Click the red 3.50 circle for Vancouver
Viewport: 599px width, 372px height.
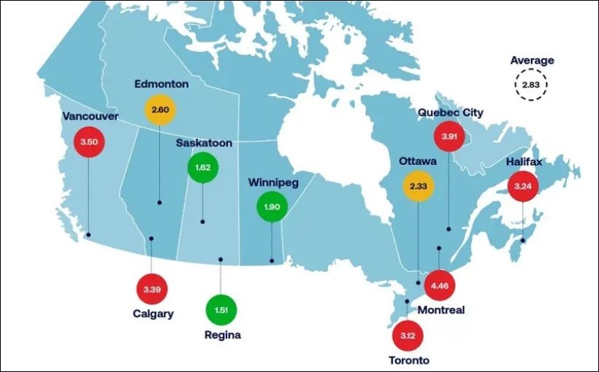tap(88, 142)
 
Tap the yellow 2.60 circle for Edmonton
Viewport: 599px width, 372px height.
tap(159, 109)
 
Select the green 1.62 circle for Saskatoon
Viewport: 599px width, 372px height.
tap(203, 168)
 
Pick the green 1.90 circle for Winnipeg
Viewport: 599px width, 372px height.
tap(272, 207)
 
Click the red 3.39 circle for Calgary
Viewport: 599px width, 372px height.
tap(152, 290)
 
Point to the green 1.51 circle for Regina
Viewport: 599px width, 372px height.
tap(221, 309)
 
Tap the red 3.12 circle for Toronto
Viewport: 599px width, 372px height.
tap(407, 335)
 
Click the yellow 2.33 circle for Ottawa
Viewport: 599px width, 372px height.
tap(418, 187)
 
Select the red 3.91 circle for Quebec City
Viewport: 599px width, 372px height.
tap(449, 136)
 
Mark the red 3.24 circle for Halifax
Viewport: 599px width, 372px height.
tap(523, 186)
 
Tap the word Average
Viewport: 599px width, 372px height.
tap(532, 61)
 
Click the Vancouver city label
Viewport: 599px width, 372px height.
tap(90, 116)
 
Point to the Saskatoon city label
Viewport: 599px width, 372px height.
tap(204, 143)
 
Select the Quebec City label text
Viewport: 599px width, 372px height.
tap(451, 112)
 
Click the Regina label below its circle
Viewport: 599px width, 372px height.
tap(222, 336)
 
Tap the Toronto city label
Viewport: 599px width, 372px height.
tap(409, 360)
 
